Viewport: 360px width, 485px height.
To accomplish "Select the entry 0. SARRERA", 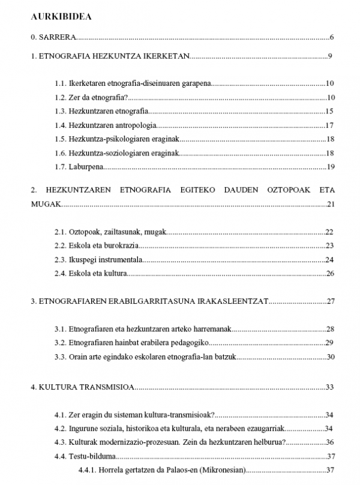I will [x=53, y=38].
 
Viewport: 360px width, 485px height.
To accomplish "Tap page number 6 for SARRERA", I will [x=331, y=38].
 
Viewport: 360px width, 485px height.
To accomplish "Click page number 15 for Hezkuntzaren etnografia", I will [x=329, y=111].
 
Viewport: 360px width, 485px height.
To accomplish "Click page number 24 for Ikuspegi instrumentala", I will [x=329, y=259].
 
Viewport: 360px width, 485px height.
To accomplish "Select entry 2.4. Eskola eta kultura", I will [x=90, y=273].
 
